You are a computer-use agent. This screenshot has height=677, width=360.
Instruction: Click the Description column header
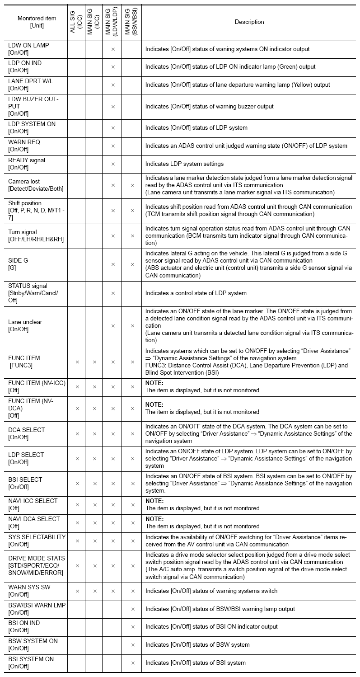pyautogui.click(x=249, y=22)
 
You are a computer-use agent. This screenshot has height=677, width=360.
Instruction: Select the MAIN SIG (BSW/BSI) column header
pyautogui.click(x=131, y=22)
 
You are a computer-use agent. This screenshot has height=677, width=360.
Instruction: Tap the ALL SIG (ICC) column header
pyautogui.click(x=76, y=22)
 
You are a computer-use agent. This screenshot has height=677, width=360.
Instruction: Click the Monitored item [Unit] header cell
pyautogui.click(x=37, y=22)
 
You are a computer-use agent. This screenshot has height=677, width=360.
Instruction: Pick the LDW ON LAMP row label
pyautogui.click(x=28, y=49)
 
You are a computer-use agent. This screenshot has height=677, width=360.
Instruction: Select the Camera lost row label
pyautogui.click(x=35, y=185)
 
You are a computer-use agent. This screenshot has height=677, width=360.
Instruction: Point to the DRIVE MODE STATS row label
pyautogui.click(x=37, y=565)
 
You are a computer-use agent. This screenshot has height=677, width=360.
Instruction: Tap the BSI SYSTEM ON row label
pyautogui.click(x=31, y=663)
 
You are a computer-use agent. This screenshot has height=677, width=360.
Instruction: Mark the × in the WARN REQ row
pyautogui.click(x=113, y=146)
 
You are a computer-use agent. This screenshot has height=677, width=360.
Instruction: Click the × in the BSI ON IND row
pyautogui.click(x=133, y=627)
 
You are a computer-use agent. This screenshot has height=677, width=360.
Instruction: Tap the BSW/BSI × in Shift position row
pyautogui.click(x=133, y=211)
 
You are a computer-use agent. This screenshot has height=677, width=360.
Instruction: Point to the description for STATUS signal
pyautogui.click(x=196, y=293)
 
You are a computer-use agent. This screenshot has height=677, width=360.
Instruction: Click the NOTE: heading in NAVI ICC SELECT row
pyautogui.click(x=154, y=501)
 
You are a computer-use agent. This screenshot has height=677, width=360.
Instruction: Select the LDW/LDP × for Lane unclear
pyautogui.click(x=113, y=326)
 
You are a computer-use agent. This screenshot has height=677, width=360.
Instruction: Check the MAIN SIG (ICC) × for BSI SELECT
pyautogui.click(x=95, y=483)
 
